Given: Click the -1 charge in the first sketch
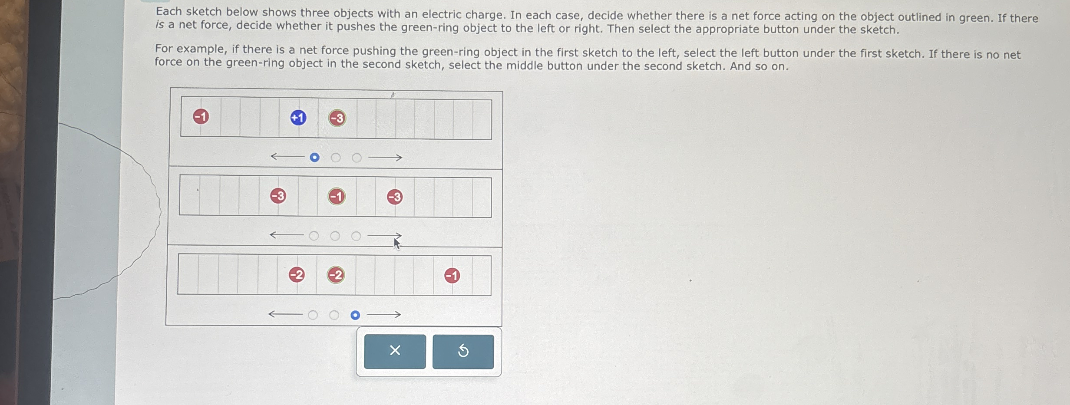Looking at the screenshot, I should point(201,116).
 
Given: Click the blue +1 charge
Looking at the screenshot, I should point(298,118).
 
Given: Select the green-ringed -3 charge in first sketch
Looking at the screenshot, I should point(337,118).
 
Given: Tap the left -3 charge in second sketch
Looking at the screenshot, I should point(278,196).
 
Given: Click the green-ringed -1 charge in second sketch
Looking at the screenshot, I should point(337,197).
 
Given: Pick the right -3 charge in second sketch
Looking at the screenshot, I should point(395,197).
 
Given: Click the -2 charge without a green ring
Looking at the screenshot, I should point(297,274).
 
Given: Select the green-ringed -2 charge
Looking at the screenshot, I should point(336,275).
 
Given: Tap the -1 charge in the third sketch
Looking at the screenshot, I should point(452,276).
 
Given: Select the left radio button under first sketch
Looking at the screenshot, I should point(315,157).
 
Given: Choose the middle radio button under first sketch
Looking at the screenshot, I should point(336,158).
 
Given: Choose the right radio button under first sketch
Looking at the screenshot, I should point(357,158).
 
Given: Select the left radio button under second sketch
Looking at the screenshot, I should point(314,236).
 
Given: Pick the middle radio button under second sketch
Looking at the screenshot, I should point(335,236).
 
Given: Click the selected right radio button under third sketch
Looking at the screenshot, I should point(355,315).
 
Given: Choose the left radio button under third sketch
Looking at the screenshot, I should point(313,315).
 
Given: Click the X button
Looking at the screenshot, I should point(395,351).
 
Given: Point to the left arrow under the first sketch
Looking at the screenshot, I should point(287,156).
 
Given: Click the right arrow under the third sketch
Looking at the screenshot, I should point(384,314).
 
